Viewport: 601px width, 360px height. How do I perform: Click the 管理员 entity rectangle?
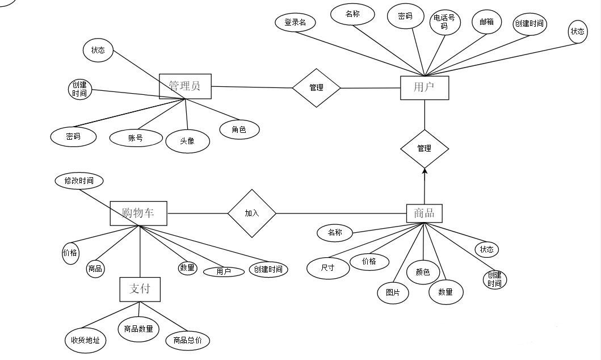coord(185,86)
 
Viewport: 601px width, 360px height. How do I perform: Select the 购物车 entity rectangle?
coord(138,213)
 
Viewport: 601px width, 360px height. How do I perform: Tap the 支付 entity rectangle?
coord(140,290)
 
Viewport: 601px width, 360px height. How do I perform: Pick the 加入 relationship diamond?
coord(252,213)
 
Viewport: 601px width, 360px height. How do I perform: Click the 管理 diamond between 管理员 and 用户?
coord(317,88)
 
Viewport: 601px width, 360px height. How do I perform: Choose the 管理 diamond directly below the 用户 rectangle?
coord(425,149)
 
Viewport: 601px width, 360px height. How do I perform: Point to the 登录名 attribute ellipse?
coord(295,22)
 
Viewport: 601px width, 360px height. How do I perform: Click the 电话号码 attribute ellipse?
coord(444,22)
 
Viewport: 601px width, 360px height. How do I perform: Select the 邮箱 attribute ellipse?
coord(487,22)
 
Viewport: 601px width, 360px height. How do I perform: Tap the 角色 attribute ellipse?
coord(239,129)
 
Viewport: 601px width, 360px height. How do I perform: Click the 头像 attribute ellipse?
coord(187,141)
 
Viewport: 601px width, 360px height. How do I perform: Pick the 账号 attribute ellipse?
coord(136,138)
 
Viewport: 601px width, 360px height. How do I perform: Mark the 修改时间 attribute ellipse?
coord(79,181)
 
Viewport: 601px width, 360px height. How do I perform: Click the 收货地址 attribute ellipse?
coord(85,340)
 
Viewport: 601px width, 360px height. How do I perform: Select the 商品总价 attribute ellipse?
coord(187,340)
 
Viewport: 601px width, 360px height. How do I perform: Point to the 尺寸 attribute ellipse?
coord(328,267)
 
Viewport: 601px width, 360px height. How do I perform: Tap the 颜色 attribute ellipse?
coord(423,272)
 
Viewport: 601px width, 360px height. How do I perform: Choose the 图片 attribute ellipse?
coord(393,293)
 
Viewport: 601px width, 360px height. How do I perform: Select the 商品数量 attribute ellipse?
coord(138,329)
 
